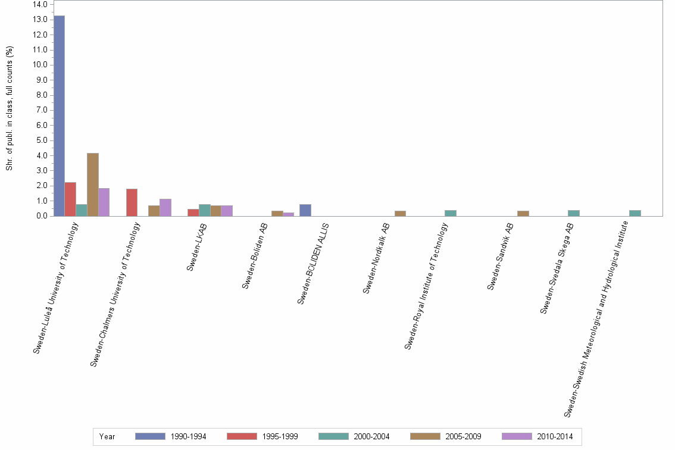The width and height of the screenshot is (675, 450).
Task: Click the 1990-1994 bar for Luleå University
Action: click(x=59, y=115)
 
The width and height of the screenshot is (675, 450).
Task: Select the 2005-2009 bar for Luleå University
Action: click(x=92, y=185)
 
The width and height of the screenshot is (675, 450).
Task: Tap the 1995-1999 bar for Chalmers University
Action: click(x=132, y=202)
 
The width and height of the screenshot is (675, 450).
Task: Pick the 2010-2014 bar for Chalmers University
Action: click(x=165, y=207)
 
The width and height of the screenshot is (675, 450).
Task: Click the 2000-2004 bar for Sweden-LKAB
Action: click(x=204, y=210)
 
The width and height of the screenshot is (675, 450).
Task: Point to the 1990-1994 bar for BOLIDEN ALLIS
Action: click(x=305, y=210)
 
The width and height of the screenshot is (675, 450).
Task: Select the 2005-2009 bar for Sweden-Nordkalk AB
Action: click(x=400, y=213)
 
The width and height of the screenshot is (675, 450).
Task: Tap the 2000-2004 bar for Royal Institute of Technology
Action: click(x=450, y=213)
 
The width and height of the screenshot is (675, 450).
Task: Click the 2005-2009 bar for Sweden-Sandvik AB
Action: click(x=523, y=213)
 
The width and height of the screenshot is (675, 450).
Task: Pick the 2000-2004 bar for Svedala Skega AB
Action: click(x=573, y=213)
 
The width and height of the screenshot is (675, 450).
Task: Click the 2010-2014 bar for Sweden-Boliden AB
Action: click(x=288, y=214)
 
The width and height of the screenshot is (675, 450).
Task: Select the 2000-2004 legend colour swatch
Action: click(x=333, y=437)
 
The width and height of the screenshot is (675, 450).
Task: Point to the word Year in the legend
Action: click(x=107, y=437)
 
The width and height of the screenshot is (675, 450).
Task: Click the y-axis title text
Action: click(x=9, y=108)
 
